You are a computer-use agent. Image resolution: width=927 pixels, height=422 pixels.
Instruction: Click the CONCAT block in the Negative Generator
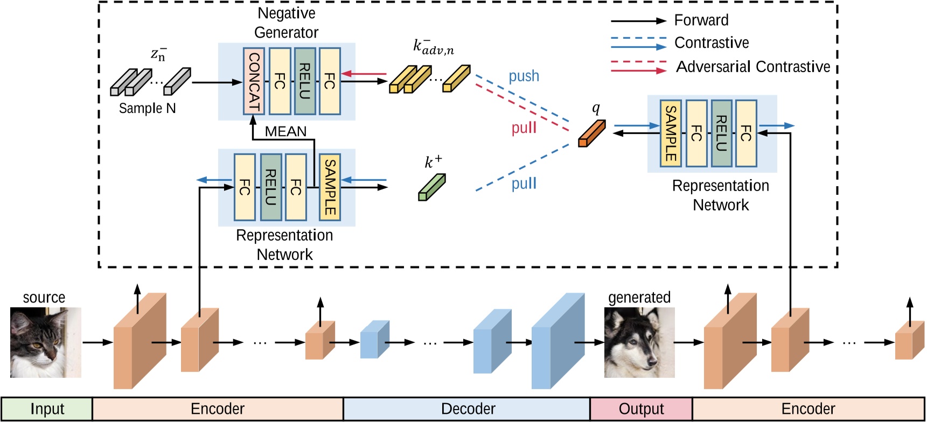click(253, 81)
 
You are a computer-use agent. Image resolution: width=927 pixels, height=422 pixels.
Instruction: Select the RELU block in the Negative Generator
click(305, 81)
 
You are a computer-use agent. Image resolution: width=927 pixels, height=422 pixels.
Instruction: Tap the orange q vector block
click(591, 133)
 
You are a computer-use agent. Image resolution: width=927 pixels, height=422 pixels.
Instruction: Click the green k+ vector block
click(431, 187)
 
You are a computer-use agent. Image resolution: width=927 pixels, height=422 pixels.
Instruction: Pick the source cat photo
click(46, 342)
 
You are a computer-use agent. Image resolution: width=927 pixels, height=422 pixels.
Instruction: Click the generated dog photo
click(639, 342)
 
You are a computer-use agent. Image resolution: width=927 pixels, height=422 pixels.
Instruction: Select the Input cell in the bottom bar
click(47, 409)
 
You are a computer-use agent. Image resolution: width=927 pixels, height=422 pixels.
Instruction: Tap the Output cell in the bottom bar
click(641, 409)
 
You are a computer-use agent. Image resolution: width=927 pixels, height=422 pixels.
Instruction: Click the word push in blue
click(524, 76)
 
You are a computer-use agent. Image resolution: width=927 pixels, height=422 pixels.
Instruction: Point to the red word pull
click(524, 128)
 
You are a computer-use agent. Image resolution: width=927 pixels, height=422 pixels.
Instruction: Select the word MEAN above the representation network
click(285, 131)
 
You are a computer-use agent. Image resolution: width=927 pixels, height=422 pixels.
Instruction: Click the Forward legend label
click(701, 20)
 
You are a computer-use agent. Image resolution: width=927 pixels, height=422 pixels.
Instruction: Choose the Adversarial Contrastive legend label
click(753, 67)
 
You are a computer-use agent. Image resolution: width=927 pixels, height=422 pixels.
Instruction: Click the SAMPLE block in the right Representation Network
click(671, 133)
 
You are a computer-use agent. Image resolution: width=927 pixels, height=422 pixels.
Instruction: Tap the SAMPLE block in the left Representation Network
click(330, 187)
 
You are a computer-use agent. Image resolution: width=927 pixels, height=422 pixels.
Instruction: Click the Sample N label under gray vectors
click(147, 108)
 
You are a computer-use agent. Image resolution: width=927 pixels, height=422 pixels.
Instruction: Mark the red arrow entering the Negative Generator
click(365, 74)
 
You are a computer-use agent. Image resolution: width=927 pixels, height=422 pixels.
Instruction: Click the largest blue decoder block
click(557, 341)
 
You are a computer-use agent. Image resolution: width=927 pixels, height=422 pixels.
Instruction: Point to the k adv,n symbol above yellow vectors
click(433, 47)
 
